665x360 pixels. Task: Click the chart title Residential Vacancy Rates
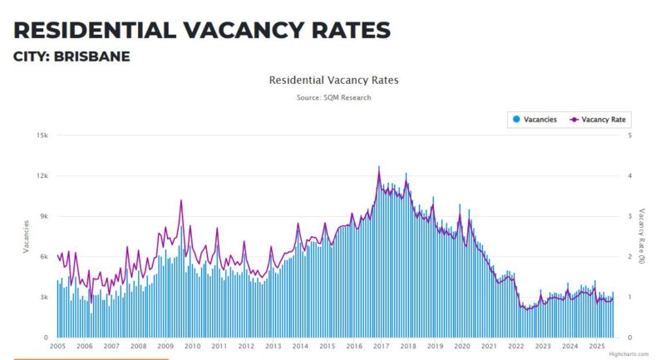point(333,81)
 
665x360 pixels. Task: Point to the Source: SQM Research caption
point(333,97)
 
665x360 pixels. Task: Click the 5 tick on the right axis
point(630,136)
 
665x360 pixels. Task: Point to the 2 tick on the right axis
point(630,257)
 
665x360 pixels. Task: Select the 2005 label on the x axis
point(57,346)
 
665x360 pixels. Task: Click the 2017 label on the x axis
point(380,346)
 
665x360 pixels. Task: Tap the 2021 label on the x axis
point(489,346)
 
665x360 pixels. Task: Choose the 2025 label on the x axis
point(596,346)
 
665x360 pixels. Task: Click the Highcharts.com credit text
point(628,354)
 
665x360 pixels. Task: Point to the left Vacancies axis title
point(27,236)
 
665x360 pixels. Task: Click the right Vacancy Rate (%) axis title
point(642,236)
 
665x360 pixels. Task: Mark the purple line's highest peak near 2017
point(379,167)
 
